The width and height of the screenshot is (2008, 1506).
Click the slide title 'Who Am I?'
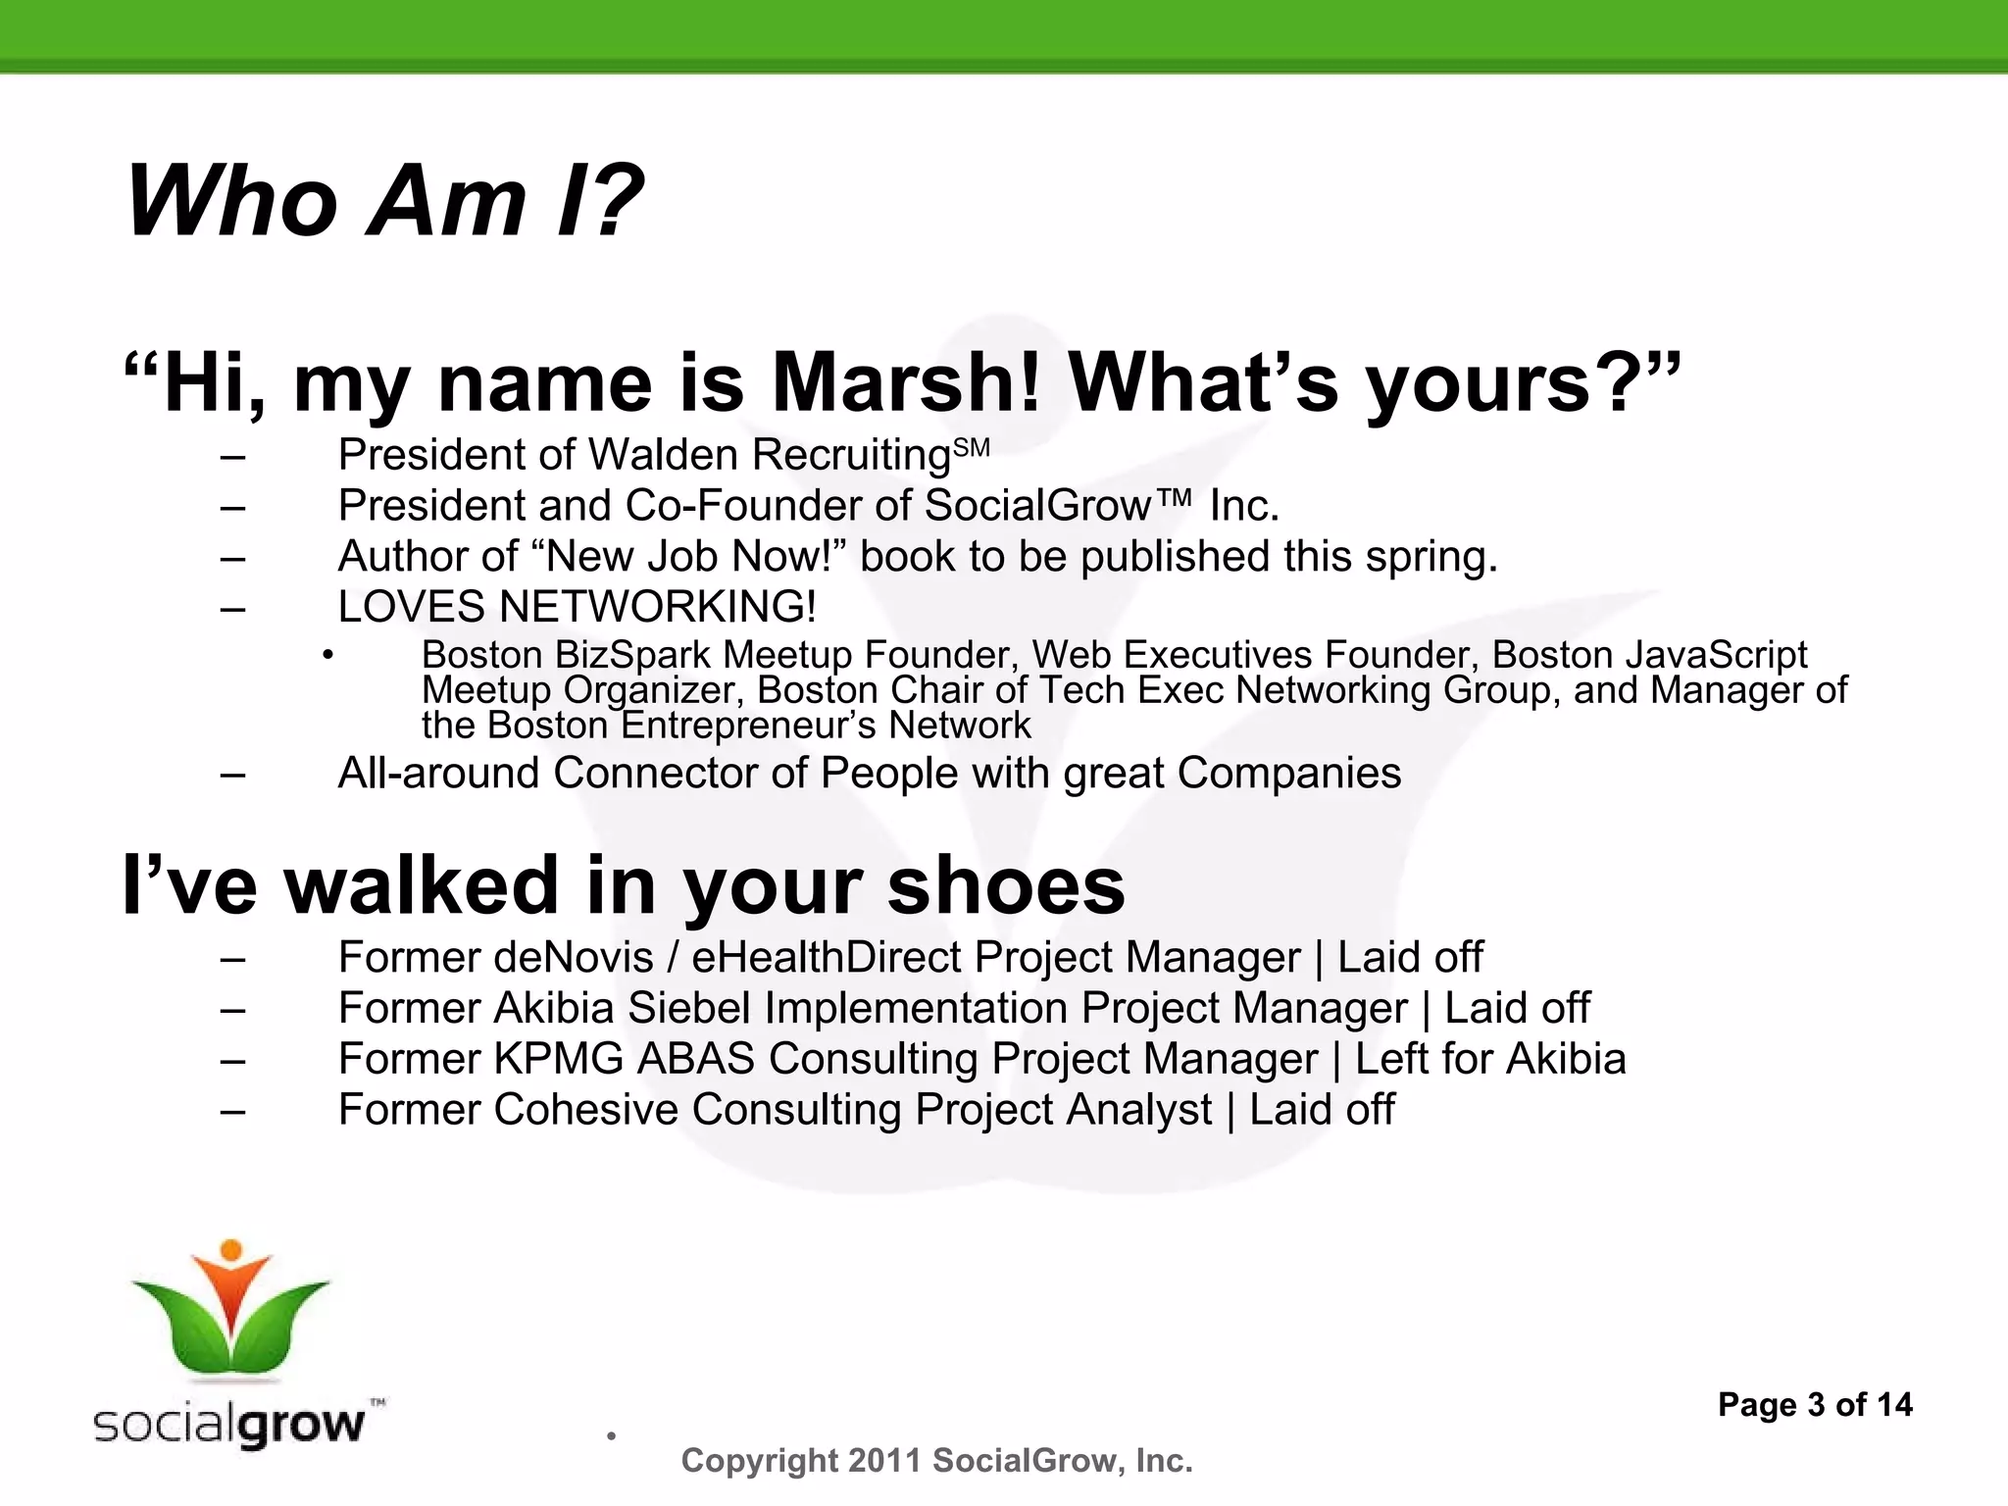384,202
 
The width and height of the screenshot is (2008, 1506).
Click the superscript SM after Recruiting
972,449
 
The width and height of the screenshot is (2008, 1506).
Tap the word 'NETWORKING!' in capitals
657,607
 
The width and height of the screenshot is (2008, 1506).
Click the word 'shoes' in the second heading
1006,885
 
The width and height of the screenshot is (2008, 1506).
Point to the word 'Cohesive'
585,1111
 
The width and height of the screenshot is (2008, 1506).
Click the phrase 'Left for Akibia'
1490,1060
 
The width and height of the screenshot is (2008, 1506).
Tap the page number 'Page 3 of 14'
1815,1405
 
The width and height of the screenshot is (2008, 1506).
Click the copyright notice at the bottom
936,1461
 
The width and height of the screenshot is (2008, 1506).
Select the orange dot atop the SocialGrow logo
231,1250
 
